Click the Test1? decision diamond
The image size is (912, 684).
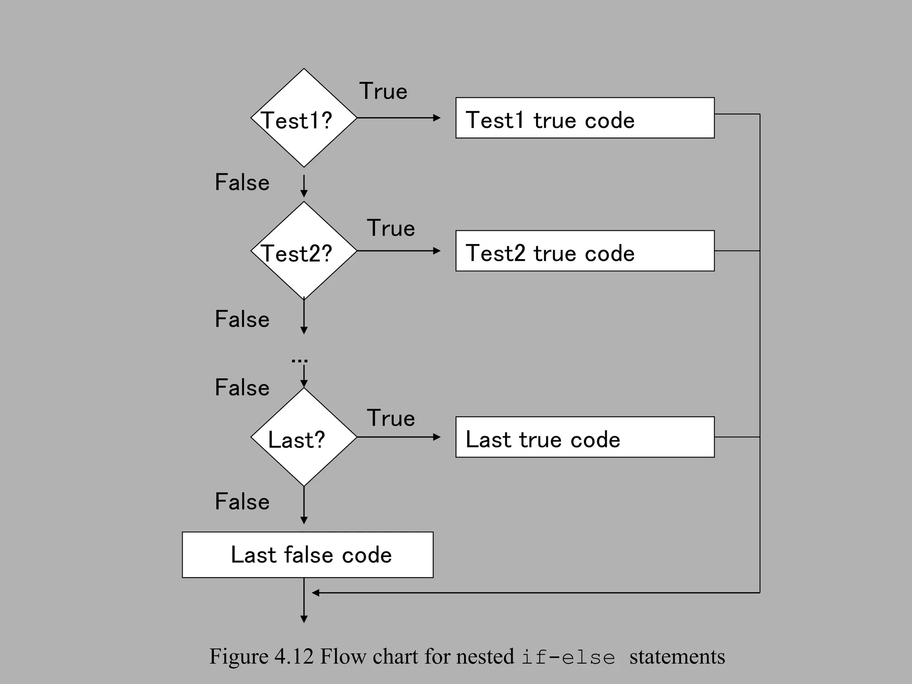click(x=304, y=118)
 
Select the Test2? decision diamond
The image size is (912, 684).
click(x=304, y=251)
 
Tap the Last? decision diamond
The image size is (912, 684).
click(x=304, y=437)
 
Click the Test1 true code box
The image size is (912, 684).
click(x=585, y=118)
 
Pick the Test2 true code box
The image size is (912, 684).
click(x=585, y=251)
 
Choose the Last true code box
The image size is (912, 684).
click(x=585, y=437)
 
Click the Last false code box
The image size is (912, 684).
click(x=308, y=555)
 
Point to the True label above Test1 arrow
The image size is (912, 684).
click(x=383, y=91)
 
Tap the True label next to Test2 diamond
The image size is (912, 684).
click(x=391, y=228)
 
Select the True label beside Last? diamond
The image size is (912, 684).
click(x=391, y=418)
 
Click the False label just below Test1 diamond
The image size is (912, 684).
click(x=242, y=183)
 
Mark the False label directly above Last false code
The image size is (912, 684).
click(x=242, y=502)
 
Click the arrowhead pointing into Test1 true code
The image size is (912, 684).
click(x=437, y=118)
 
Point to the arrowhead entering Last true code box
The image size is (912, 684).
click(x=437, y=437)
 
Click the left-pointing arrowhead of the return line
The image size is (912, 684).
click(x=315, y=593)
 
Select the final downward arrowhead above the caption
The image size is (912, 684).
click(x=304, y=619)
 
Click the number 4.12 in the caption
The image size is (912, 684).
click(x=294, y=657)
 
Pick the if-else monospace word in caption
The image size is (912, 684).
click(x=568, y=658)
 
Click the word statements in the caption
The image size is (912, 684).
click(x=677, y=657)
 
